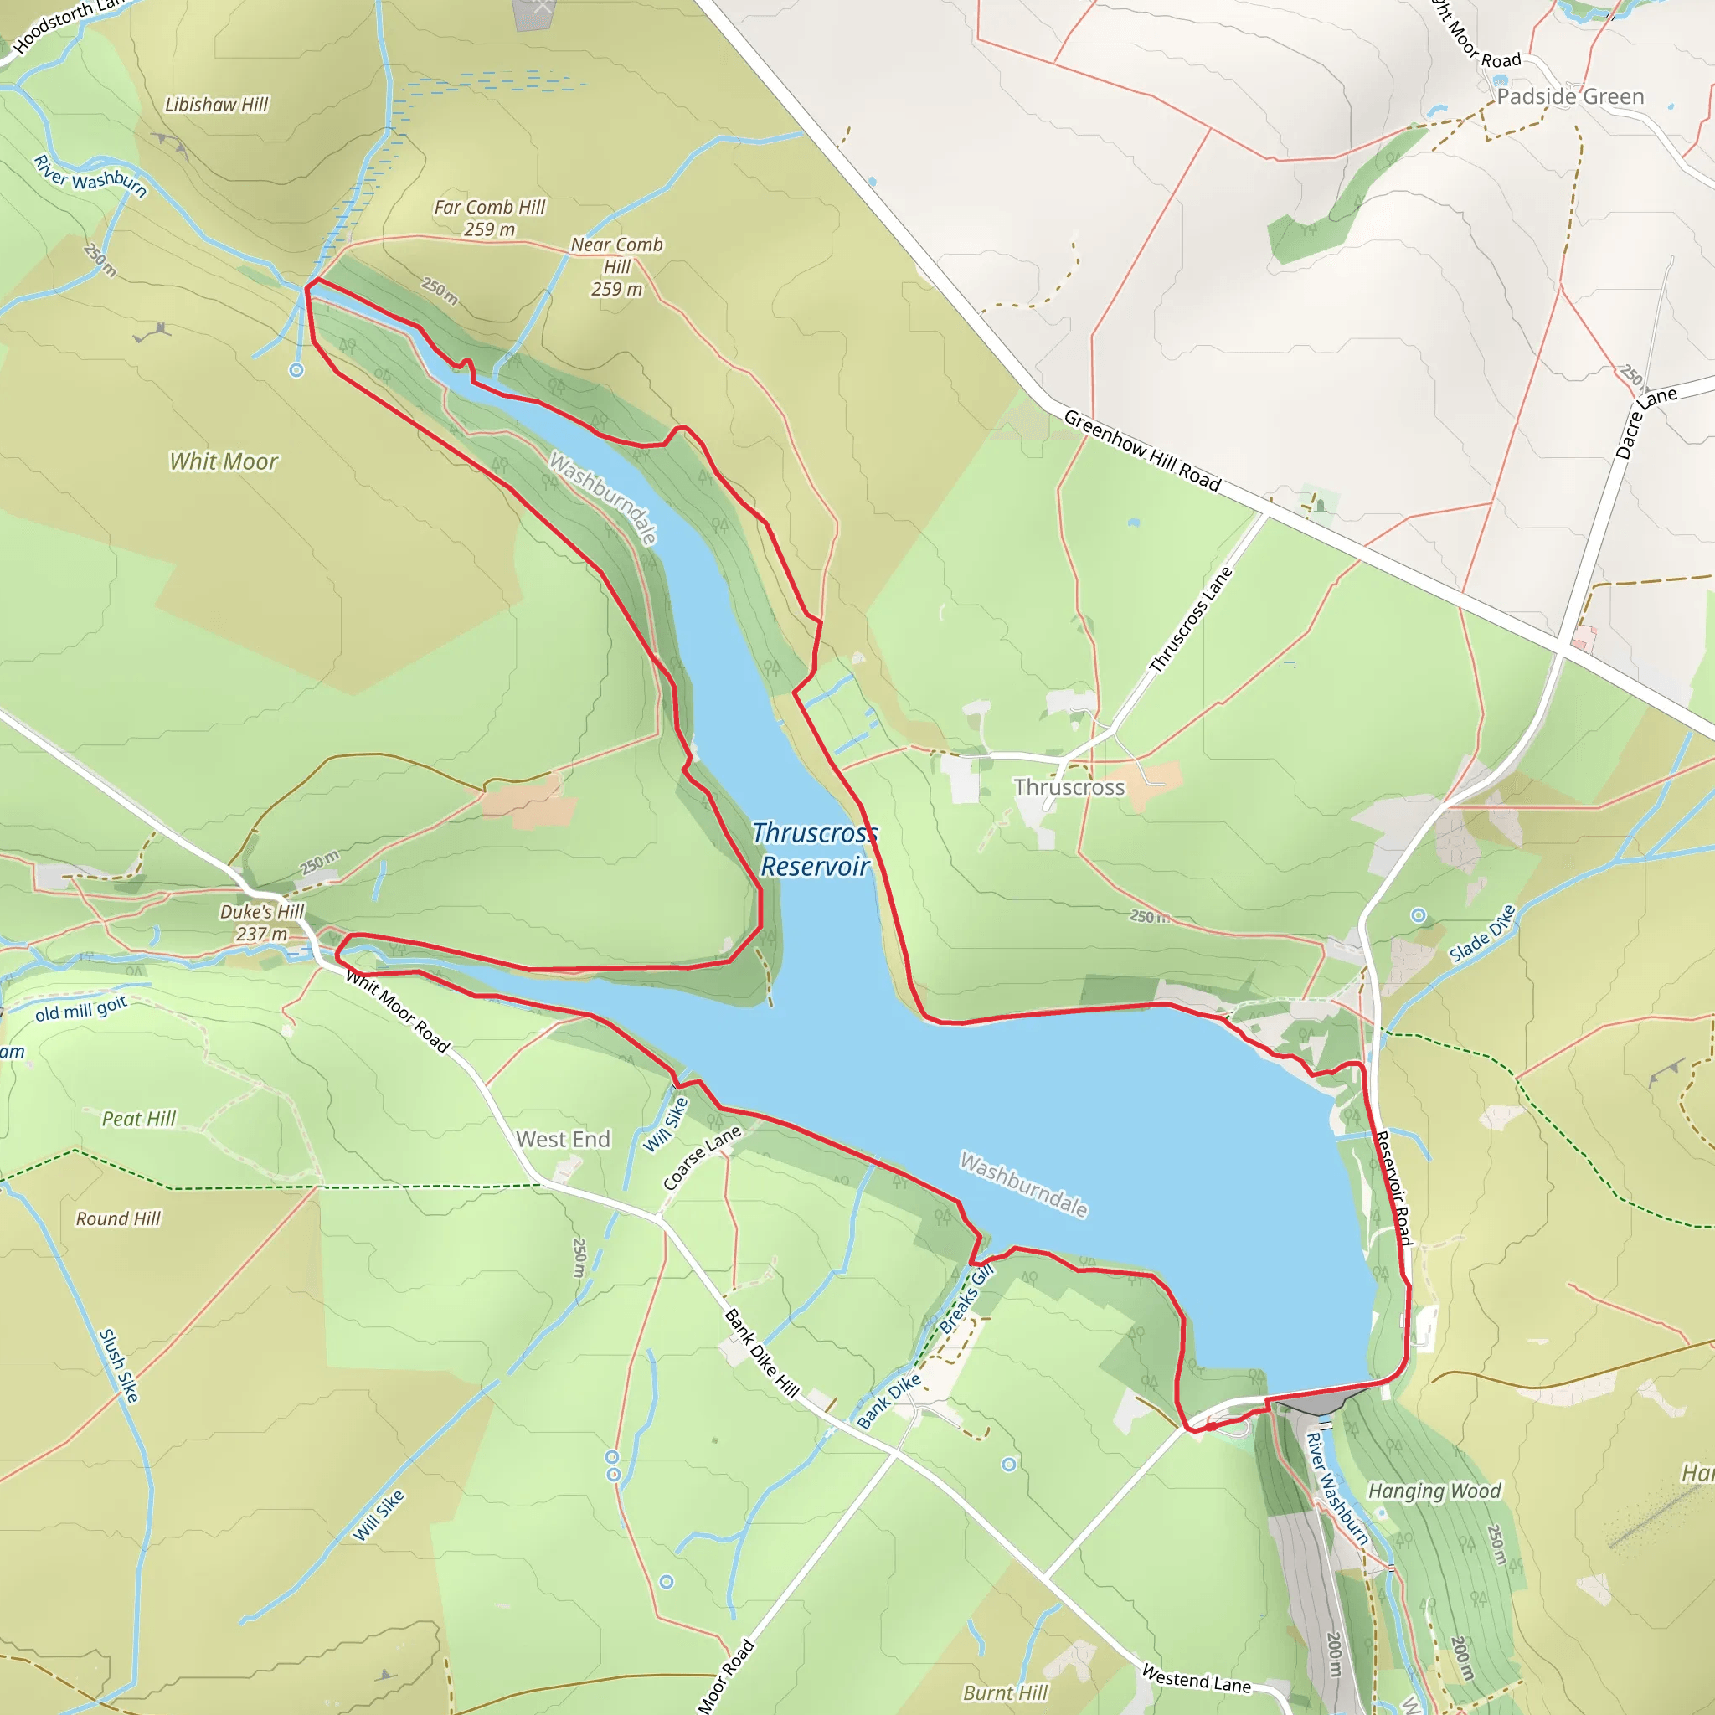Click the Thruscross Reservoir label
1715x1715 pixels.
(x=814, y=849)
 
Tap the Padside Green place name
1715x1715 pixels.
(x=1569, y=97)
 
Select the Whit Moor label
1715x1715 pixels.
(x=224, y=461)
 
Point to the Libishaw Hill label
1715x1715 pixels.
(x=217, y=105)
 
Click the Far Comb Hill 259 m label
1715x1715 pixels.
(x=489, y=218)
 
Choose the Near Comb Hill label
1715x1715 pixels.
(x=616, y=265)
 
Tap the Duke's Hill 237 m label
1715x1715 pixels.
(x=262, y=922)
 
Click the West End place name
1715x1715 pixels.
(x=563, y=1139)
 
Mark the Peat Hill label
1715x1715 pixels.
(x=138, y=1119)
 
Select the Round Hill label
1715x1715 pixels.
(x=118, y=1218)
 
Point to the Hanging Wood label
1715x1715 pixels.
(x=1434, y=1491)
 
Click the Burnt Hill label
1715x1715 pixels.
(x=1006, y=1692)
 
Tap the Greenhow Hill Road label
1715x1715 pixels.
(x=1141, y=450)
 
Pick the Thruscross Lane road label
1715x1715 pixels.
(x=1191, y=620)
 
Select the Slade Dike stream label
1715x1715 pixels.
(x=1481, y=934)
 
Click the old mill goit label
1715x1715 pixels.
(x=82, y=1009)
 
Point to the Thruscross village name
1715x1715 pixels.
(x=1069, y=787)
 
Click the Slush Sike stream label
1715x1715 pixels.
(x=119, y=1365)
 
